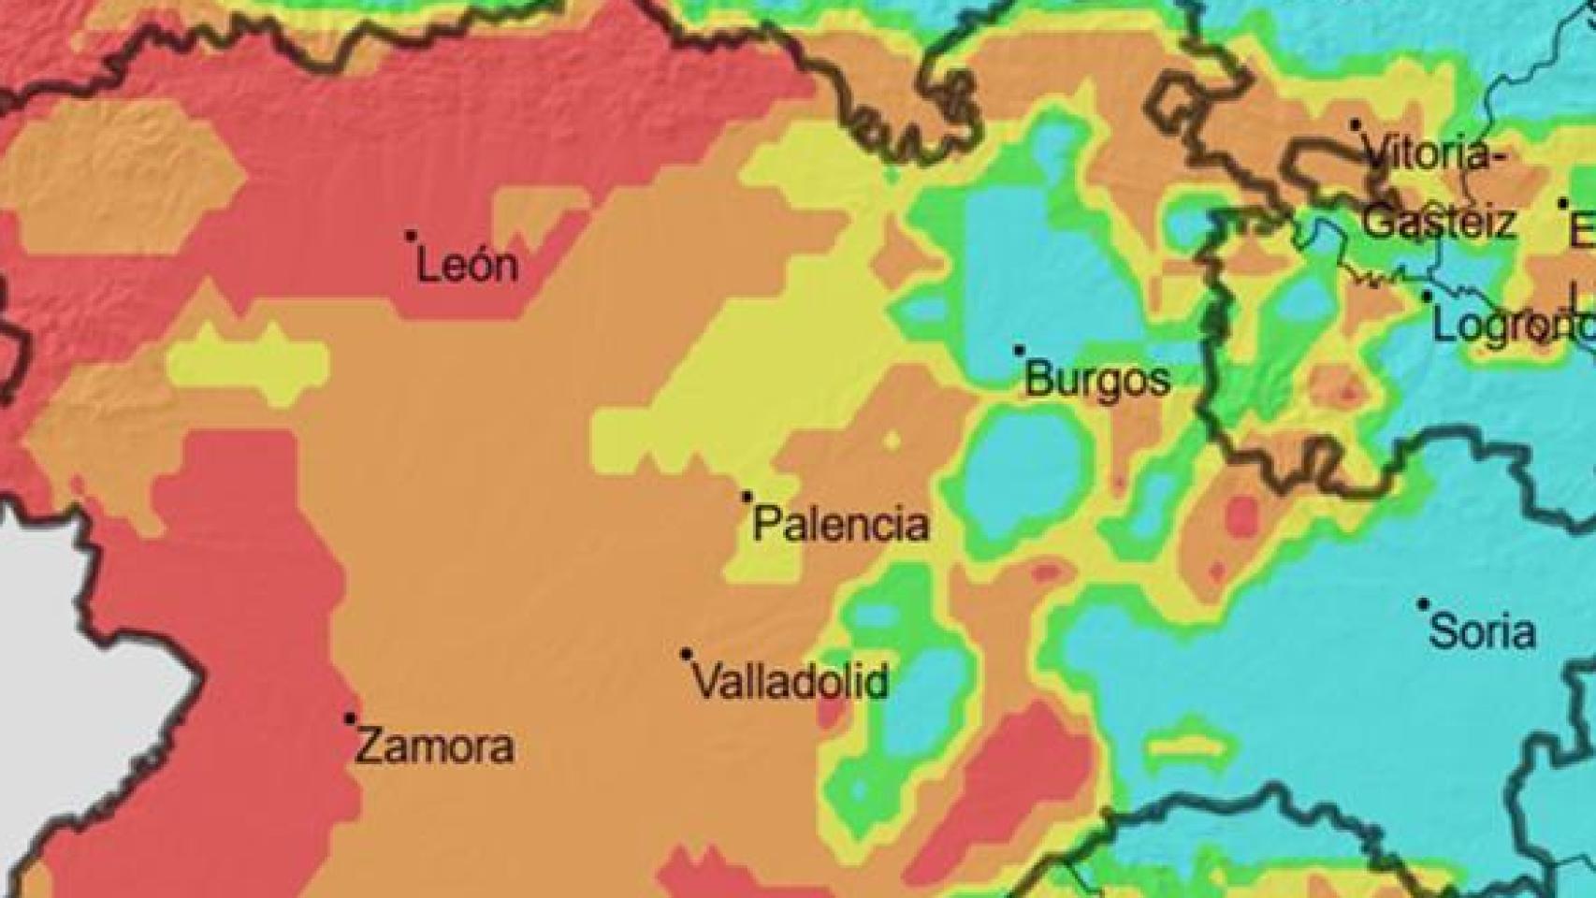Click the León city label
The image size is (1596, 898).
(x=467, y=266)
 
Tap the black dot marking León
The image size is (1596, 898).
(x=410, y=236)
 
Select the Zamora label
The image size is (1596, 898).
(x=436, y=747)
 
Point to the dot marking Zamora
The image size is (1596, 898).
(x=350, y=718)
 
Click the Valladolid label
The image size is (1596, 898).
(x=791, y=682)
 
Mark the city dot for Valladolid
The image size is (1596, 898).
(x=687, y=654)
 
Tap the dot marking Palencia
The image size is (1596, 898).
(x=747, y=497)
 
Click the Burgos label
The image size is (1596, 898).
(x=1097, y=380)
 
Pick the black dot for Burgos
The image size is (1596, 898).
(x=1019, y=351)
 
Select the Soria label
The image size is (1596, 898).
(x=1483, y=632)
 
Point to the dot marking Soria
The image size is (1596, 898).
(x=1423, y=604)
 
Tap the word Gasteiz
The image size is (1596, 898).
(x=1438, y=223)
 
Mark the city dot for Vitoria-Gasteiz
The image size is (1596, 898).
(x=1355, y=124)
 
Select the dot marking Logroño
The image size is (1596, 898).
(x=1428, y=297)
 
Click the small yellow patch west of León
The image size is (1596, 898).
(x=248, y=360)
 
